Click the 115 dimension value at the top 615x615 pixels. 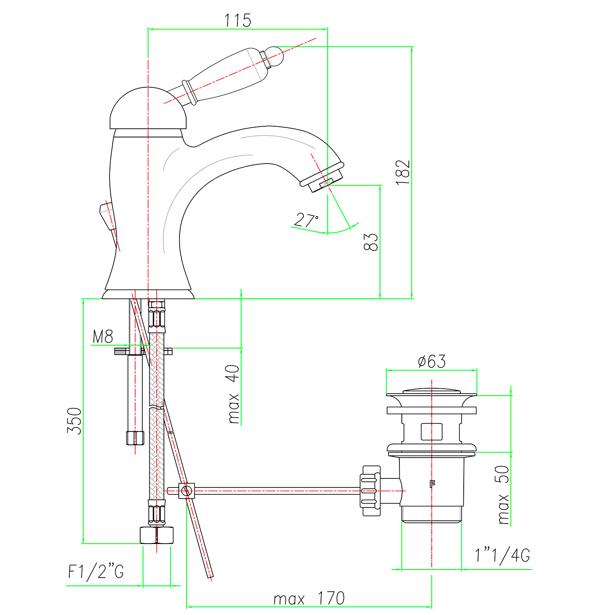(x=237, y=20)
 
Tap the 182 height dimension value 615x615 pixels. (x=403, y=172)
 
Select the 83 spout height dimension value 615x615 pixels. (x=371, y=242)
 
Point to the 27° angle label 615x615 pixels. (x=306, y=220)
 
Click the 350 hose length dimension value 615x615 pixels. (x=74, y=421)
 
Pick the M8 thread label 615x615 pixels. (x=102, y=337)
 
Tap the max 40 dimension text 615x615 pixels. (x=233, y=394)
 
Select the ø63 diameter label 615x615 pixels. (x=431, y=362)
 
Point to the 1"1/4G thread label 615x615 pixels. (x=502, y=556)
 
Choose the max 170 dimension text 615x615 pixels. (x=309, y=599)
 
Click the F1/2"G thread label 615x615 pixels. (x=96, y=571)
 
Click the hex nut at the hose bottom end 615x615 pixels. (x=157, y=535)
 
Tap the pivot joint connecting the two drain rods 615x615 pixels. (x=187, y=491)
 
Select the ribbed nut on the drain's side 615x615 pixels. (x=370, y=490)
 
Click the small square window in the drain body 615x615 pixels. (x=432, y=432)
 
